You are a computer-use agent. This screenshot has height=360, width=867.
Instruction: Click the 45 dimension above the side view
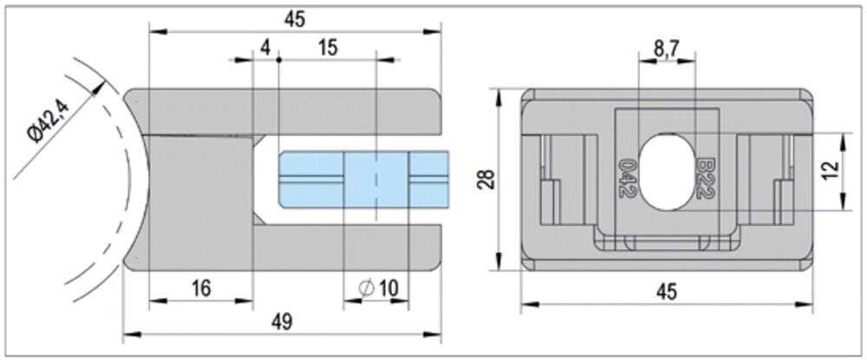point(294,19)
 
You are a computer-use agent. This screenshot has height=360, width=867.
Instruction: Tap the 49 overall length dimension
point(282,322)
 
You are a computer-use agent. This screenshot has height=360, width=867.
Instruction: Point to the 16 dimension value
point(201,288)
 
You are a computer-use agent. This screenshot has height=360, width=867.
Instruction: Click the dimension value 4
point(265,48)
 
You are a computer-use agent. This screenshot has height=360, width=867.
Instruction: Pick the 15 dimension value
point(328,48)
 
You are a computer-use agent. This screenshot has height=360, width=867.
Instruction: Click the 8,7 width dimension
point(666,49)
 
